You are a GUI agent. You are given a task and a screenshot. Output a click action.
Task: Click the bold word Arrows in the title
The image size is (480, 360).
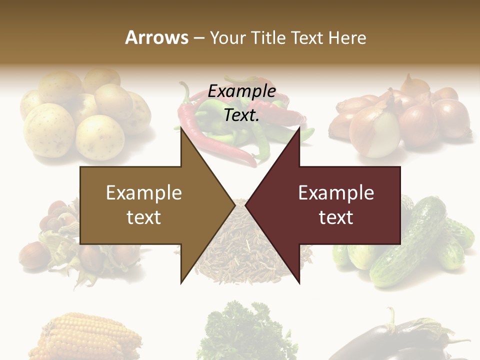156,37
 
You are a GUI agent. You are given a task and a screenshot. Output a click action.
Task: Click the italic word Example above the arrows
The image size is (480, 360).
241,91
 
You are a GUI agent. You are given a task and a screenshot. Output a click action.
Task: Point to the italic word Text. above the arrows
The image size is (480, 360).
241,115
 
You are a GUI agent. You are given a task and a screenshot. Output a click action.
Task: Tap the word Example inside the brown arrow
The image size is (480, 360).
144,193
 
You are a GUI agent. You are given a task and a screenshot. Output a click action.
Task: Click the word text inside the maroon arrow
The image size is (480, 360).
336,217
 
